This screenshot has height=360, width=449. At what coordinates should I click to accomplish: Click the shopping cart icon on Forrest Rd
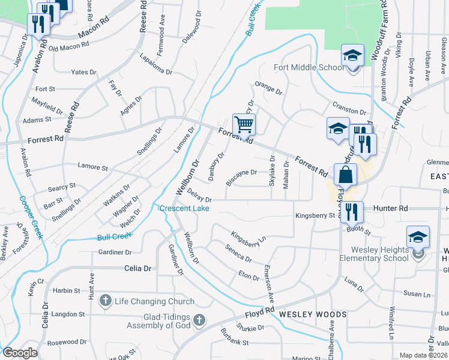pyautogui.click(x=244, y=125)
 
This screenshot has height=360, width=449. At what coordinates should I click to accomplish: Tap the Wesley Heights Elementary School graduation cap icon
pyautogui.click(x=418, y=238)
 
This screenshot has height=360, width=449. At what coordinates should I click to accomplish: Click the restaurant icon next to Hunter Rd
pyautogui.click(x=352, y=211)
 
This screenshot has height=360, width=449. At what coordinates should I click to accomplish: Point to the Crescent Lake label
pyautogui.click(x=184, y=208)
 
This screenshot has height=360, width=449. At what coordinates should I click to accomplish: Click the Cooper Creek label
pyautogui.click(x=31, y=218)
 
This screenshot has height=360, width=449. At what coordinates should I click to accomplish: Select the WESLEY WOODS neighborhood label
pyautogui.click(x=313, y=314)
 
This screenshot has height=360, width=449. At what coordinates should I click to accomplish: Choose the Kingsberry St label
pyautogui.click(x=315, y=215)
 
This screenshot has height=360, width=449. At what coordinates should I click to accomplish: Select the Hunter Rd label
pyautogui.click(x=390, y=208)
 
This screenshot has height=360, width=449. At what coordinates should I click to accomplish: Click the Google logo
pyautogui.click(x=20, y=353)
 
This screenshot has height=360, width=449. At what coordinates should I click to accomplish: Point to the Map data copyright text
pyautogui.click(x=424, y=355)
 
